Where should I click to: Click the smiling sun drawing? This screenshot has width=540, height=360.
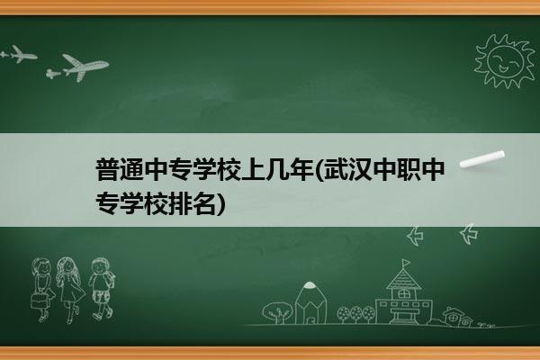click(x=504, y=61)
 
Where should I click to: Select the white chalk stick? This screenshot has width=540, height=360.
click(x=482, y=159)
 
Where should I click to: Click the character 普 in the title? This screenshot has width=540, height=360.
click(x=107, y=170)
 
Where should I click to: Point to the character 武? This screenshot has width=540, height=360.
click(x=335, y=170)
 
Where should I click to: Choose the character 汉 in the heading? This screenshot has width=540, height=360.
click(x=359, y=170)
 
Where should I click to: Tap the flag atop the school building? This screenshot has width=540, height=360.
click(x=407, y=263)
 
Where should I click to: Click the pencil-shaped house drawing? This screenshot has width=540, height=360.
click(x=310, y=303)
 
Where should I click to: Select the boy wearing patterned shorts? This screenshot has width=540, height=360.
click(x=101, y=288)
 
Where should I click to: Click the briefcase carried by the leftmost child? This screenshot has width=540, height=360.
click(x=39, y=301)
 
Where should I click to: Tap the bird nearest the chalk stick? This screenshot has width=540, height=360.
click(x=469, y=234)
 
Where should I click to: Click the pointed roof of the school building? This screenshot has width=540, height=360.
click(x=403, y=279)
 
